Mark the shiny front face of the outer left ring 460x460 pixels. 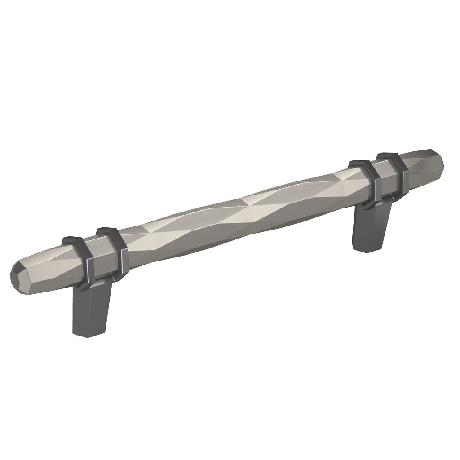[89, 270]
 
